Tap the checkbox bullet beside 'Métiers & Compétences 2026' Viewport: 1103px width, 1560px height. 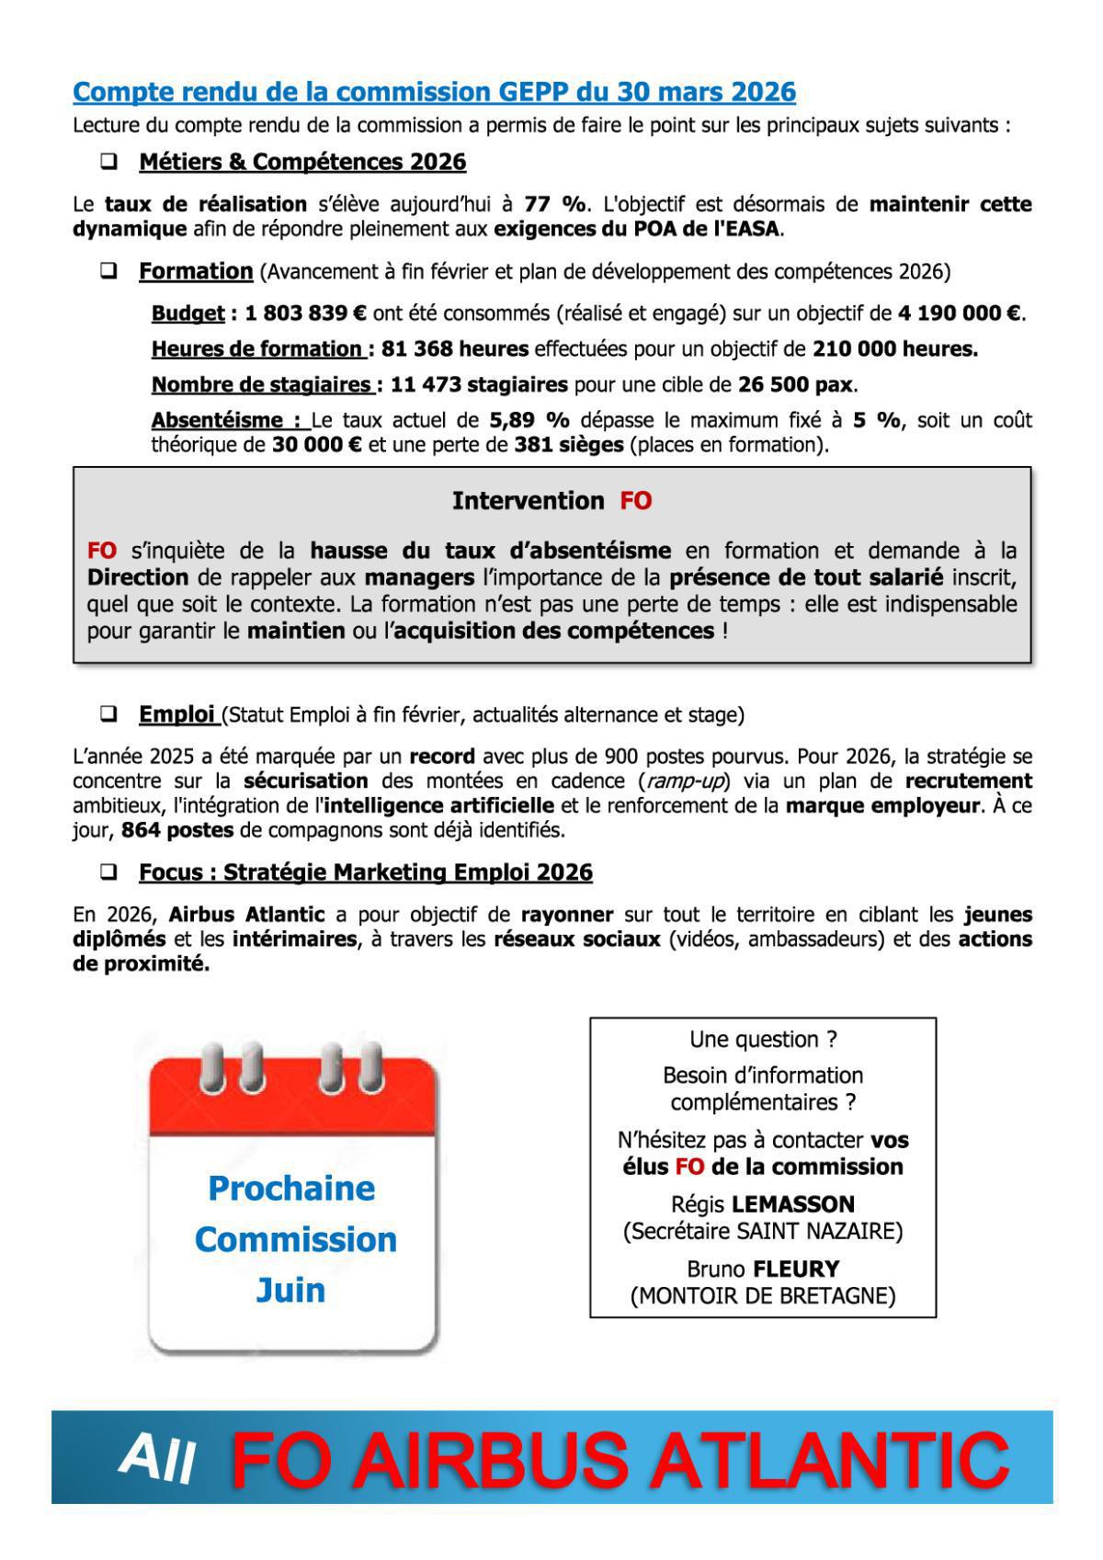point(109,162)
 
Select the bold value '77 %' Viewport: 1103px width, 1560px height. point(554,204)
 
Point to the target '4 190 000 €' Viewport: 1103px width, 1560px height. point(960,313)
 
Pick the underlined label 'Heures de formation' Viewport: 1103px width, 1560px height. point(257,349)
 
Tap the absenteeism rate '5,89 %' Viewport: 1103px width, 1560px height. point(529,421)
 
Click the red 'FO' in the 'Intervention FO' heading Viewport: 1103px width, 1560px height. point(635,501)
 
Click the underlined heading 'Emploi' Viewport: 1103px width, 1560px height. point(176,714)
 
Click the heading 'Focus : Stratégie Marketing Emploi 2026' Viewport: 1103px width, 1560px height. point(365,872)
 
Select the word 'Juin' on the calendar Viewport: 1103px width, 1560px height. point(290,1290)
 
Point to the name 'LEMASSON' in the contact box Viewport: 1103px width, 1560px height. point(802,1204)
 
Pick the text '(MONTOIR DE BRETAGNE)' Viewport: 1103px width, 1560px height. point(762,1296)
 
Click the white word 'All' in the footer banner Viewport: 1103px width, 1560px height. point(156,1458)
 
